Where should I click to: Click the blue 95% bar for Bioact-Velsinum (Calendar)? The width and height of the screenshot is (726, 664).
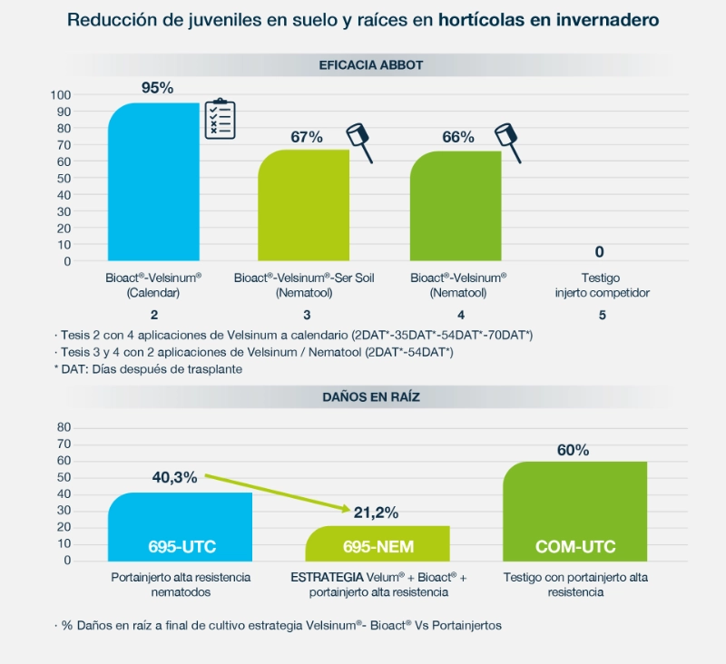click(153, 181)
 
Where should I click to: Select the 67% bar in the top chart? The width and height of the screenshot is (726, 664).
click(304, 205)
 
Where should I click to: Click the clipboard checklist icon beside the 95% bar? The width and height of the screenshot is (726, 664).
click(219, 119)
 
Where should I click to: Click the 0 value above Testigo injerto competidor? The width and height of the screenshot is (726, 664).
click(600, 251)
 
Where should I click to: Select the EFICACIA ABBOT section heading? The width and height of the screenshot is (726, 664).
click(370, 65)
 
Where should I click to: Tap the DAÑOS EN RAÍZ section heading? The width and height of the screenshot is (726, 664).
click(370, 396)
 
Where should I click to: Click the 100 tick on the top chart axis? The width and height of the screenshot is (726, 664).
click(61, 95)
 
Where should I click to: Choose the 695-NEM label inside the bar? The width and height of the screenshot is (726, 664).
click(377, 546)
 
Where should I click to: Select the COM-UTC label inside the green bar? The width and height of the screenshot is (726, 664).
click(574, 546)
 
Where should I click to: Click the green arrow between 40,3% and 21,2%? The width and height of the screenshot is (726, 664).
click(277, 493)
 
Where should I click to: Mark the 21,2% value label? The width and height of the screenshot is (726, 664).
click(376, 513)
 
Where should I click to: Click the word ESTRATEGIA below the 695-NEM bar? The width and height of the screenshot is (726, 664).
click(324, 577)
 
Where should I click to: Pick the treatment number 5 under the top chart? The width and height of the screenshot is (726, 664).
click(601, 315)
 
